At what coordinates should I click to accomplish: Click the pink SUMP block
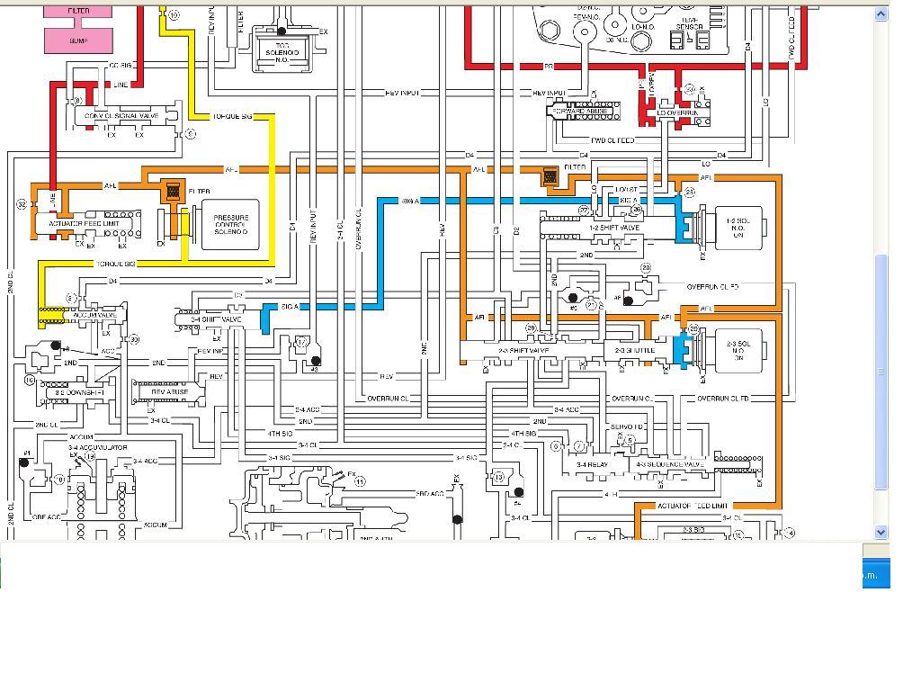[78, 40]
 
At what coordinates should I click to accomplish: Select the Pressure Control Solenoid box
[230, 225]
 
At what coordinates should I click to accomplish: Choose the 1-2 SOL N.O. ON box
[738, 228]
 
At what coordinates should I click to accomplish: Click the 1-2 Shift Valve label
[615, 228]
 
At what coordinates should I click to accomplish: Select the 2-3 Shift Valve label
[523, 350]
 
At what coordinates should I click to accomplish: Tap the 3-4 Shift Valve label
[217, 319]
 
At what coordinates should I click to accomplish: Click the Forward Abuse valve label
[580, 111]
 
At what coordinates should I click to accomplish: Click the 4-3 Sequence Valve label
[670, 464]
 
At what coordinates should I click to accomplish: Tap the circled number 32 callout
[22, 204]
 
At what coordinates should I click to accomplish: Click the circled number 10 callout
[174, 15]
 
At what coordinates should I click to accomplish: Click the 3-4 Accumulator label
[98, 447]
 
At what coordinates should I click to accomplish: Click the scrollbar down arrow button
[881, 532]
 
